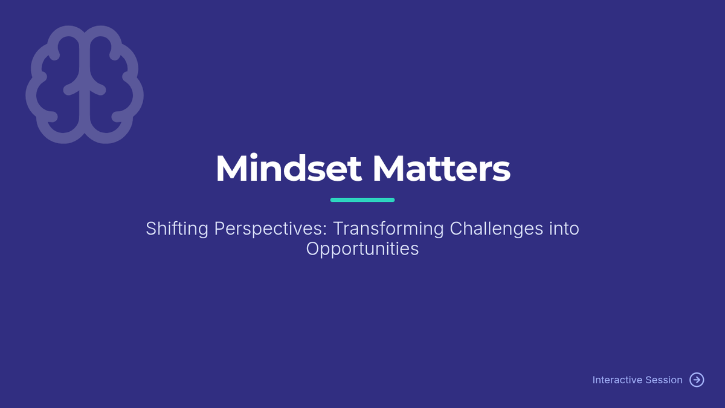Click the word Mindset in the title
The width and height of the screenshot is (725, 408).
288,169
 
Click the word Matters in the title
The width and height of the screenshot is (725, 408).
442,169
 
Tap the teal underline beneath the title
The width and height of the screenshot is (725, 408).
362,200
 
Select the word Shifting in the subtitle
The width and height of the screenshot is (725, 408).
177,229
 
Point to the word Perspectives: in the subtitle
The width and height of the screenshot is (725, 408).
271,229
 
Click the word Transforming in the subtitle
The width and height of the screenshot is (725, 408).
388,229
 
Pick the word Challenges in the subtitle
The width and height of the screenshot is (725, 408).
497,228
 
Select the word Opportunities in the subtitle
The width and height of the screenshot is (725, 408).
362,249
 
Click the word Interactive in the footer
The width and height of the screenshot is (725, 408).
617,380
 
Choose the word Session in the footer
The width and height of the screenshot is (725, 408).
664,380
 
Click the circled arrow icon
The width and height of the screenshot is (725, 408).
697,380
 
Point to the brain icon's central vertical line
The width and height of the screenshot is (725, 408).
85,84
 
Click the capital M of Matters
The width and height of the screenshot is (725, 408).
388,169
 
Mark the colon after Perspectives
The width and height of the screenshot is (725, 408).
325,230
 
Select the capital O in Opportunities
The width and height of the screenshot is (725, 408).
314,248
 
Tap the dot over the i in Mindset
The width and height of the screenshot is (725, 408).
254,156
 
